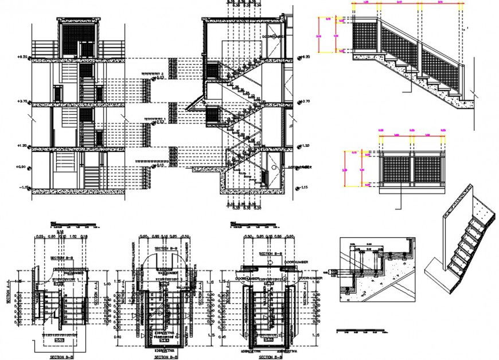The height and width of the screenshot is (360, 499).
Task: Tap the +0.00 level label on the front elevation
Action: pyautogui.click(x=22, y=167)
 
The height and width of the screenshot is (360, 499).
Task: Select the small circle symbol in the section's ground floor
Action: pyautogui.click(x=275, y=166)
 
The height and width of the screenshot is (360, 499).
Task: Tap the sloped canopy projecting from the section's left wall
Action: pyautogui.click(x=196, y=101)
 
